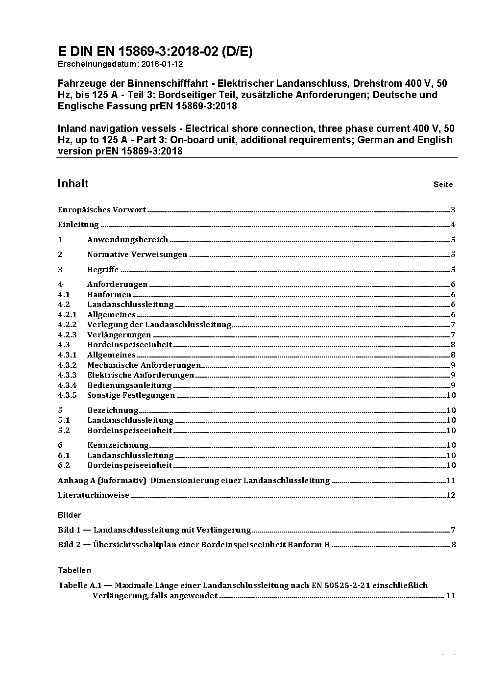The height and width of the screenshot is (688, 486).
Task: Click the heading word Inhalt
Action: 73,183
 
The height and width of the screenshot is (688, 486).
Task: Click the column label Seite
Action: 443,185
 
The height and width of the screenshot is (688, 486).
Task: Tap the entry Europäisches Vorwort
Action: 102,210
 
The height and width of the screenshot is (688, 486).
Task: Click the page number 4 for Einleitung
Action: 453,225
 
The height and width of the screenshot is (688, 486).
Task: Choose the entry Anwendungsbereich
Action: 127,240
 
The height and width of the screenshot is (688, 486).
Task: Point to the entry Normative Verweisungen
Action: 137,255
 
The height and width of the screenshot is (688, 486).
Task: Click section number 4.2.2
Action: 67,325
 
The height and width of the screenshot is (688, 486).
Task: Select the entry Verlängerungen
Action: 119,335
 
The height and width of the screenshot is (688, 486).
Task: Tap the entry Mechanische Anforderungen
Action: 144,365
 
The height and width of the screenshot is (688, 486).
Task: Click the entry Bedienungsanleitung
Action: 129,385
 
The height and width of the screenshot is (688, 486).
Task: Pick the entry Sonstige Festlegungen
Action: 131,395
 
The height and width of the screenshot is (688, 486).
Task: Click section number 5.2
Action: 64,431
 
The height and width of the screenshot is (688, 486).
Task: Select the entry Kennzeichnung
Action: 118,445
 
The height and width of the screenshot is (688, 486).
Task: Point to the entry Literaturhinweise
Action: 94,495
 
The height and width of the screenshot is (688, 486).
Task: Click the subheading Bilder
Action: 69,515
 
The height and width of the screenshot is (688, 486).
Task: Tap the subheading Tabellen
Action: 74,570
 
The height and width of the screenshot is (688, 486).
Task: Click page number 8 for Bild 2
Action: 453,545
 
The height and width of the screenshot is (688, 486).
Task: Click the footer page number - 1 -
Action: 448,654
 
